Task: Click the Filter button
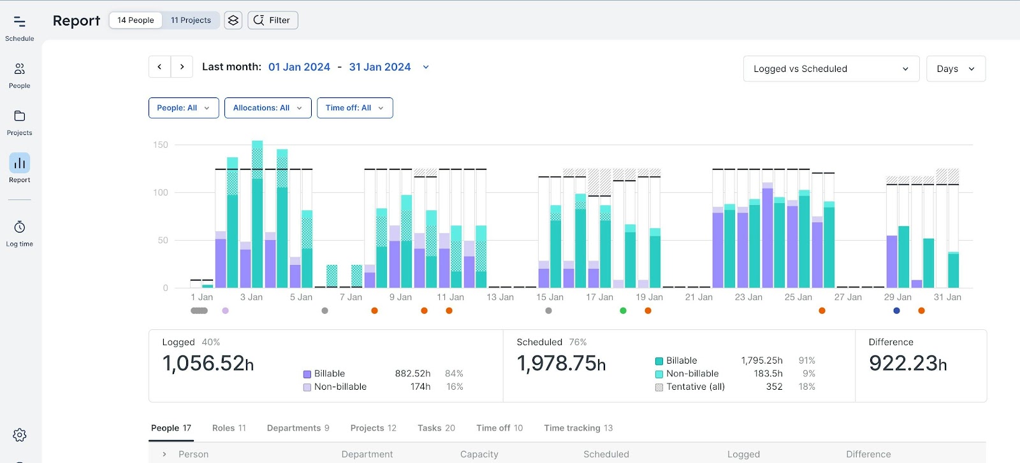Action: (272, 20)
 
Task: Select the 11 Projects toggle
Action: (191, 20)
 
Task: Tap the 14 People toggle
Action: (136, 20)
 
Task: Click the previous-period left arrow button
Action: (159, 67)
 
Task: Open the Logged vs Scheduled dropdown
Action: (831, 69)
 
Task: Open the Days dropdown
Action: (955, 69)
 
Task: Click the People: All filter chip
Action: (183, 108)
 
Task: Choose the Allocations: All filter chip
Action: (267, 108)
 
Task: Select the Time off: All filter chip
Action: (354, 108)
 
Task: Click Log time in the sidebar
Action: (20, 233)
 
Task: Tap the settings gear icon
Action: (20, 435)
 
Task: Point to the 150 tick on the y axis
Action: (161, 145)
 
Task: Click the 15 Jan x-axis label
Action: (550, 297)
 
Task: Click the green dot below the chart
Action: (623, 311)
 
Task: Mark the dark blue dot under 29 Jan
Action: (896, 311)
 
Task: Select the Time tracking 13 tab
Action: (578, 428)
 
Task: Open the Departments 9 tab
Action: (298, 428)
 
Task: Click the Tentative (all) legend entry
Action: (694, 387)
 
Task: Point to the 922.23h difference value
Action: (907, 364)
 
